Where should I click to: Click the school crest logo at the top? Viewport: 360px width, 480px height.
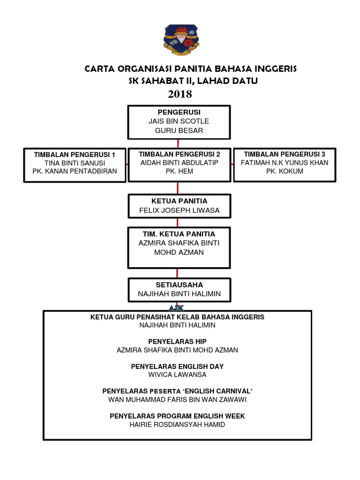(x=180, y=40)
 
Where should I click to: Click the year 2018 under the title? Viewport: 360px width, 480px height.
(x=180, y=94)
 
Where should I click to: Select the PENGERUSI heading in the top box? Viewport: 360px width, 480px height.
(x=179, y=112)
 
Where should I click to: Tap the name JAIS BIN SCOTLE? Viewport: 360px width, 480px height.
(x=179, y=121)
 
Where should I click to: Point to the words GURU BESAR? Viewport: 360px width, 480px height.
(x=179, y=130)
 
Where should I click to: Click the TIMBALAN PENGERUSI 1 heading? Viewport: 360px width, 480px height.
(x=75, y=154)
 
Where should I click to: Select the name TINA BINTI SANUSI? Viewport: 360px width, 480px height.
(x=75, y=163)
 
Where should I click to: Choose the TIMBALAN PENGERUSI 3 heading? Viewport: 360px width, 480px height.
(x=285, y=154)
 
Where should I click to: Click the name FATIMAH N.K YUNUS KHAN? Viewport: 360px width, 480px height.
(x=285, y=163)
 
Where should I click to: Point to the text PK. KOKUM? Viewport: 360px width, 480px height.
(x=285, y=171)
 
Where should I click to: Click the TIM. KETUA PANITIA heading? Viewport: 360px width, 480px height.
(x=179, y=234)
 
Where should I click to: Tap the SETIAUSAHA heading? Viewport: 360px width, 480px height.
(x=179, y=285)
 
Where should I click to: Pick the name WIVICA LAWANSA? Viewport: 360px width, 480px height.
(x=177, y=375)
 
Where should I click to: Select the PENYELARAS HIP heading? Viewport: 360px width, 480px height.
(x=177, y=341)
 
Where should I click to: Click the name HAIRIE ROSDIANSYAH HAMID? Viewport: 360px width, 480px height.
(x=177, y=424)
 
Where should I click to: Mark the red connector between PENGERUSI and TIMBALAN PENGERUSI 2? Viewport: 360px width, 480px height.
(x=178, y=143)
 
